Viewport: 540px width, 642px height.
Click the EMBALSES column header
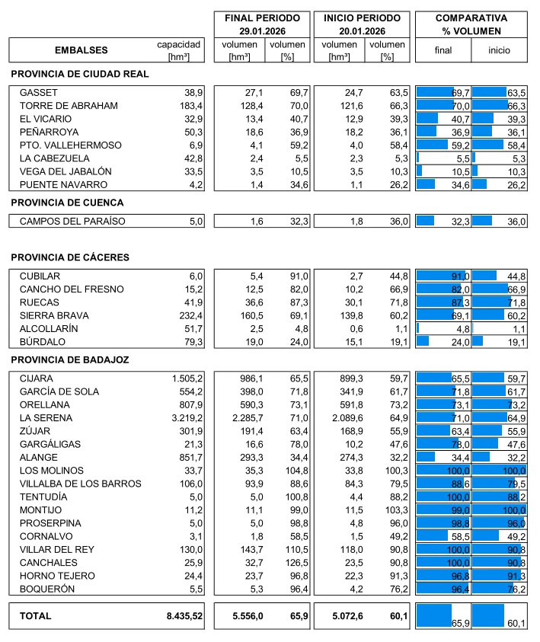coord(81,50)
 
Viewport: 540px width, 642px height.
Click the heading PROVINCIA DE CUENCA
coord(67,203)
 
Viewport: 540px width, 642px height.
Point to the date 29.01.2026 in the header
coord(262,30)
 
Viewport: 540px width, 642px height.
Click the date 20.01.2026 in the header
coord(362,30)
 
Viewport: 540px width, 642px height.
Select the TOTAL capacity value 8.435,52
coord(185,616)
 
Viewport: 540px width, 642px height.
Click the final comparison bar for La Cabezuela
coord(418,158)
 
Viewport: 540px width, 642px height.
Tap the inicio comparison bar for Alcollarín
coord(473,328)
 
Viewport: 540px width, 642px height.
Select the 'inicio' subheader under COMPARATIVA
coord(499,51)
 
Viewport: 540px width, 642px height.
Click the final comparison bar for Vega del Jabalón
coord(420,171)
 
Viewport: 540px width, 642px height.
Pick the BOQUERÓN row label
coord(46,589)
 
